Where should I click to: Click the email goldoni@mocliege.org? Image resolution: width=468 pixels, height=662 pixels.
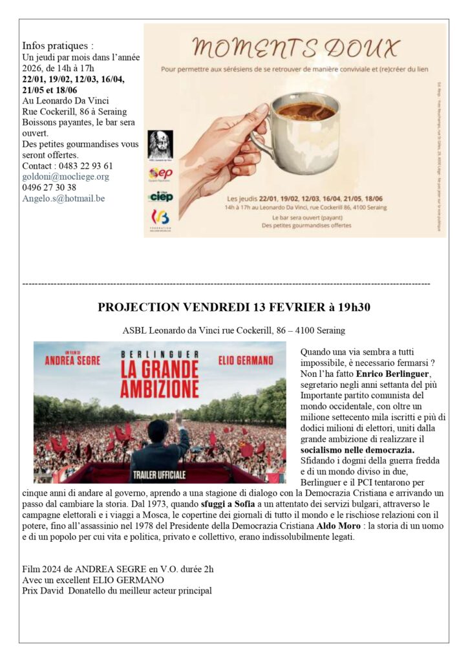(x=65, y=176)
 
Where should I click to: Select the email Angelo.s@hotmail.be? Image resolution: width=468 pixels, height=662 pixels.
(x=63, y=198)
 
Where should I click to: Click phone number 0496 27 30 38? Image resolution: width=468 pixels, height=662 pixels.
(x=49, y=187)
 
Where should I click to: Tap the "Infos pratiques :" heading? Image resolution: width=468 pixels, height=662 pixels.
(x=58, y=46)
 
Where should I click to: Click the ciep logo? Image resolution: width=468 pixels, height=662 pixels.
(x=161, y=196)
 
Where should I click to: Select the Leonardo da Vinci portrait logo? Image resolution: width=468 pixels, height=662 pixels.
(x=160, y=144)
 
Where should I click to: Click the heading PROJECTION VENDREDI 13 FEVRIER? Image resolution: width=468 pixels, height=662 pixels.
(x=233, y=307)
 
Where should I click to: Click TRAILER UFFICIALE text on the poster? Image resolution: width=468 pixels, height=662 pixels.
(x=160, y=475)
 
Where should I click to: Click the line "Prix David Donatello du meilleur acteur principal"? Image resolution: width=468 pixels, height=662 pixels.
(x=117, y=590)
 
